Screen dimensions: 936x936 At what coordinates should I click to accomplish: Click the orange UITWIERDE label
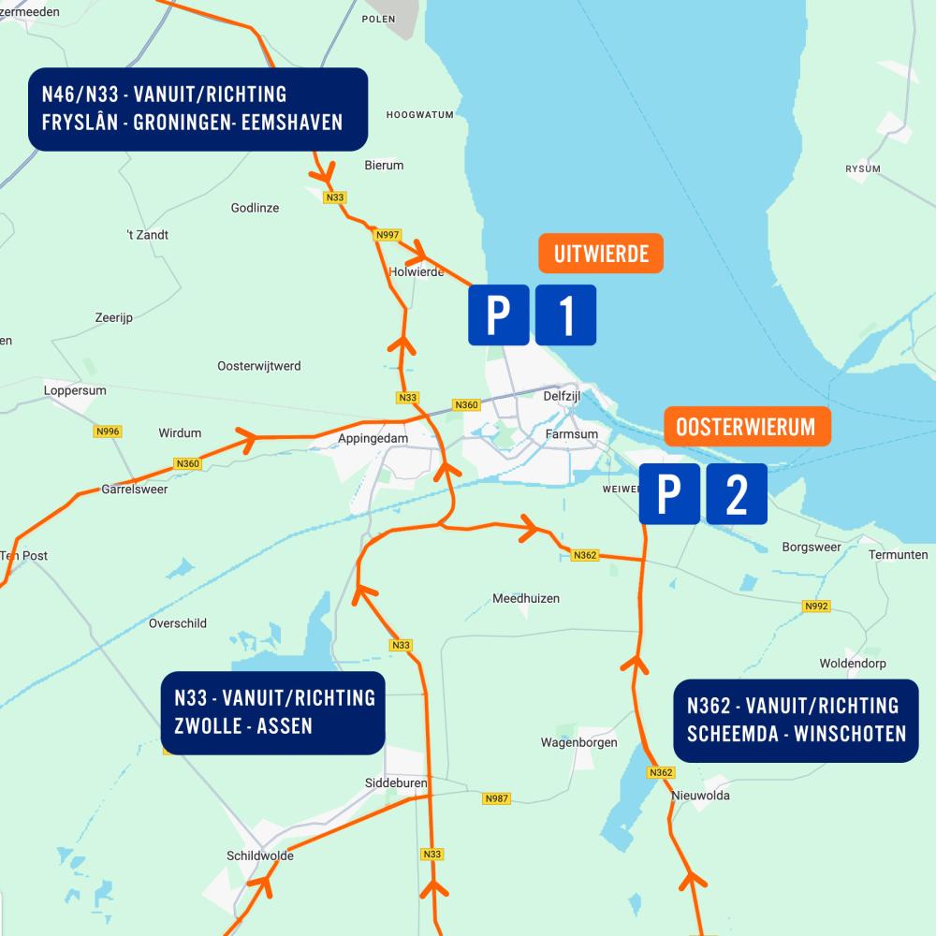600,254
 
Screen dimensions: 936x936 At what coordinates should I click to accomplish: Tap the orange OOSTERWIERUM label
747,427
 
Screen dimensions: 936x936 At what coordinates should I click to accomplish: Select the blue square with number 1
565,314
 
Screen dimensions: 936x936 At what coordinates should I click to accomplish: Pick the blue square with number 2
737,493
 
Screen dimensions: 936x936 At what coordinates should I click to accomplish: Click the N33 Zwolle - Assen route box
273,712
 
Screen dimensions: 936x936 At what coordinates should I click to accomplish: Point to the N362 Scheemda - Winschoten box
796,720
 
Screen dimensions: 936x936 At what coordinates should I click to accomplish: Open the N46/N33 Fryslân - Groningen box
197,109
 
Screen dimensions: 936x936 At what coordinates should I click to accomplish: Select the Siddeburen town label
397,783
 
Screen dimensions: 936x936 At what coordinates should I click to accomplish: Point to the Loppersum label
75,390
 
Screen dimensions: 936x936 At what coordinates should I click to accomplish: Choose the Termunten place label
898,555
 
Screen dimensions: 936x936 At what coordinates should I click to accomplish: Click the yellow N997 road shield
386,234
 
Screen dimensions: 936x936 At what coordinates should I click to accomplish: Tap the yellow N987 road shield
497,798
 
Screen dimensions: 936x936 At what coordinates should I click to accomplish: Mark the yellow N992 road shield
816,607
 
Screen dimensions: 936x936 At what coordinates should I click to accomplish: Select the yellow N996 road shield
109,431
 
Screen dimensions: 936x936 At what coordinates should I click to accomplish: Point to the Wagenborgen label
578,743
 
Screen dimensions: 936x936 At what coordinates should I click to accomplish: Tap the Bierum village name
384,166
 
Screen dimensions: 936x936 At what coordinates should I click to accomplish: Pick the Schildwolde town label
259,856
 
